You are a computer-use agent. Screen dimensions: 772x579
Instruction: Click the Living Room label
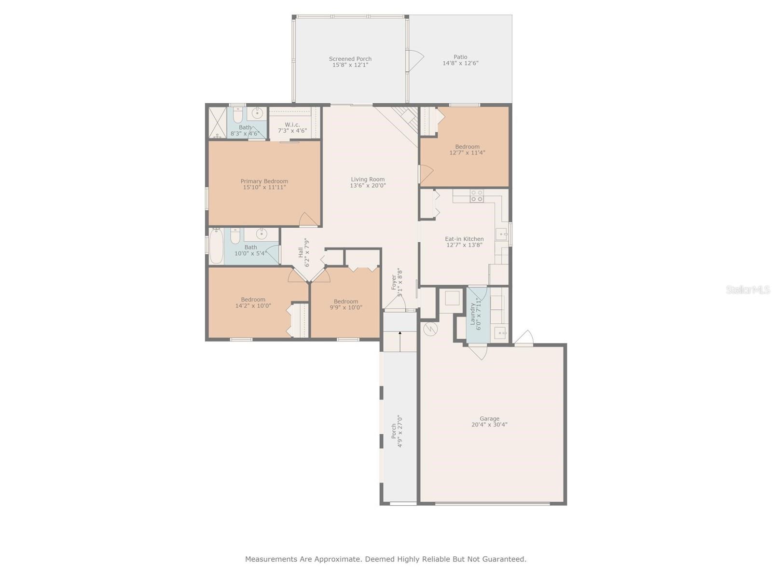tap(367, 179)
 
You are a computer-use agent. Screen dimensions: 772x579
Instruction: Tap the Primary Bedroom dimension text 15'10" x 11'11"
tap(264, 187)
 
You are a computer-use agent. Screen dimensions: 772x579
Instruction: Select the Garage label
tap(489, 418)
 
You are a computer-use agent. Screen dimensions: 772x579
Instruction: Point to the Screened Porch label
tap(350, 59)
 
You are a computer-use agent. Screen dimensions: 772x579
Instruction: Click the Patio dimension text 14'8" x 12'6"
tap(460, 63)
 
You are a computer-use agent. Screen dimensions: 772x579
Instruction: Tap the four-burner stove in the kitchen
tap(477, 196)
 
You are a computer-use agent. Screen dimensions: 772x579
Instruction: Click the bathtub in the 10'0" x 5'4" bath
tap(216, 246)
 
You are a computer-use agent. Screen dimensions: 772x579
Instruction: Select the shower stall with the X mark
tap(218, 123)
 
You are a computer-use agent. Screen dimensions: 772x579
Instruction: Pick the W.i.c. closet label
tap(292, 125)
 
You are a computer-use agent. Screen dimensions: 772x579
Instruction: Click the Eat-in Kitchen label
tap(464, 239)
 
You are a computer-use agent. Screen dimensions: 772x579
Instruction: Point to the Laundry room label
tap(473, 314)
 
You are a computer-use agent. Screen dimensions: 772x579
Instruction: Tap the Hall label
tap(301, 252)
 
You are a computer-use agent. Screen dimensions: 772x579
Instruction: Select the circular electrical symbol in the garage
tap(430, 329)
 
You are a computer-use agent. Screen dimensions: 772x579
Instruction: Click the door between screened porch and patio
tap(414, 60)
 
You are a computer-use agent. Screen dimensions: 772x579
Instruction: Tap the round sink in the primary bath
tap(257, 113)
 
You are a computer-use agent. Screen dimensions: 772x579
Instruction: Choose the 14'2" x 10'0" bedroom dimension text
tap(253, 306)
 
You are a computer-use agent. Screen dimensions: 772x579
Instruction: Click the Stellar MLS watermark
tap(748, 289)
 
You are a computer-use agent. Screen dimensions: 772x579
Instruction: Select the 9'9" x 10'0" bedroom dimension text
tap(346, 307)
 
